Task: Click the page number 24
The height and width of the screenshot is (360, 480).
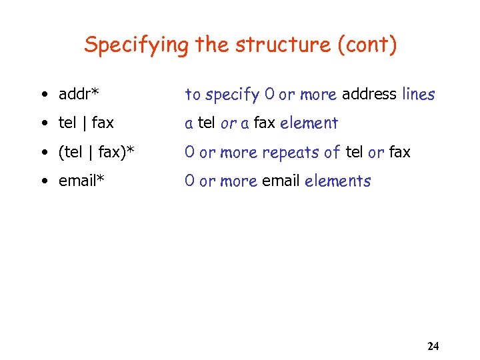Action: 433,346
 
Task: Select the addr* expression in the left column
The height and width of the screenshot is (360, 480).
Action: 83,94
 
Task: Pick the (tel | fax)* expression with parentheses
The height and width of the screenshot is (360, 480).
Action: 96,152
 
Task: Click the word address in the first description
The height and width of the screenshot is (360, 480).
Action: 369,94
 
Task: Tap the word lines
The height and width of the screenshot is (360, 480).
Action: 419,94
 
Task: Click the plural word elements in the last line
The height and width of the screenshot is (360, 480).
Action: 337,181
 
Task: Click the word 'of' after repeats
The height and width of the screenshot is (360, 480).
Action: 333,152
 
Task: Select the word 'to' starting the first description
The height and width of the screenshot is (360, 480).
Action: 193,95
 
